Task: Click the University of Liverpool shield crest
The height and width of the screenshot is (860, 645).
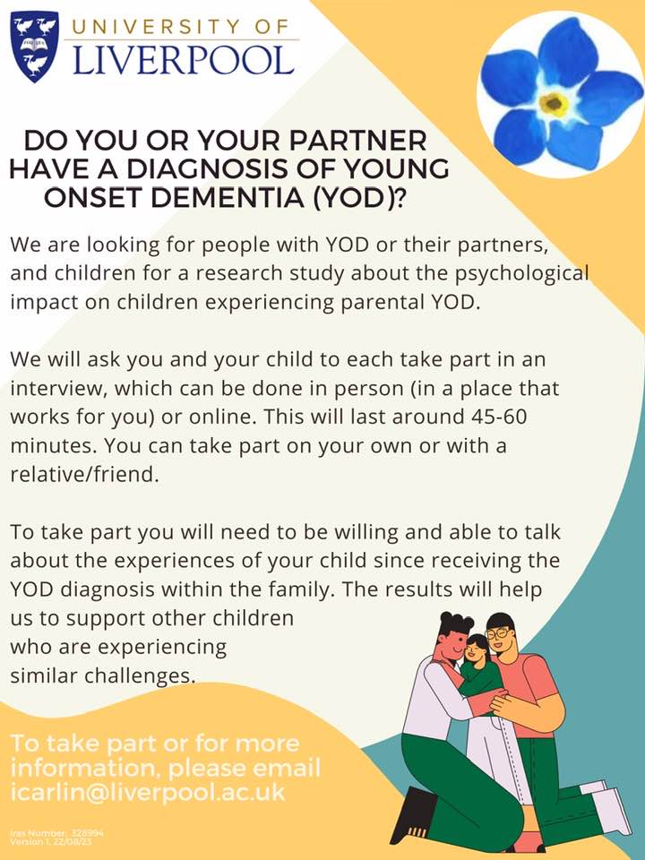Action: click(33, 47)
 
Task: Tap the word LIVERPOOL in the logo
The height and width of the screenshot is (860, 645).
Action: click(183, 59)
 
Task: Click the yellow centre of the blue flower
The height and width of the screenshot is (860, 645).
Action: click(555, 104)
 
